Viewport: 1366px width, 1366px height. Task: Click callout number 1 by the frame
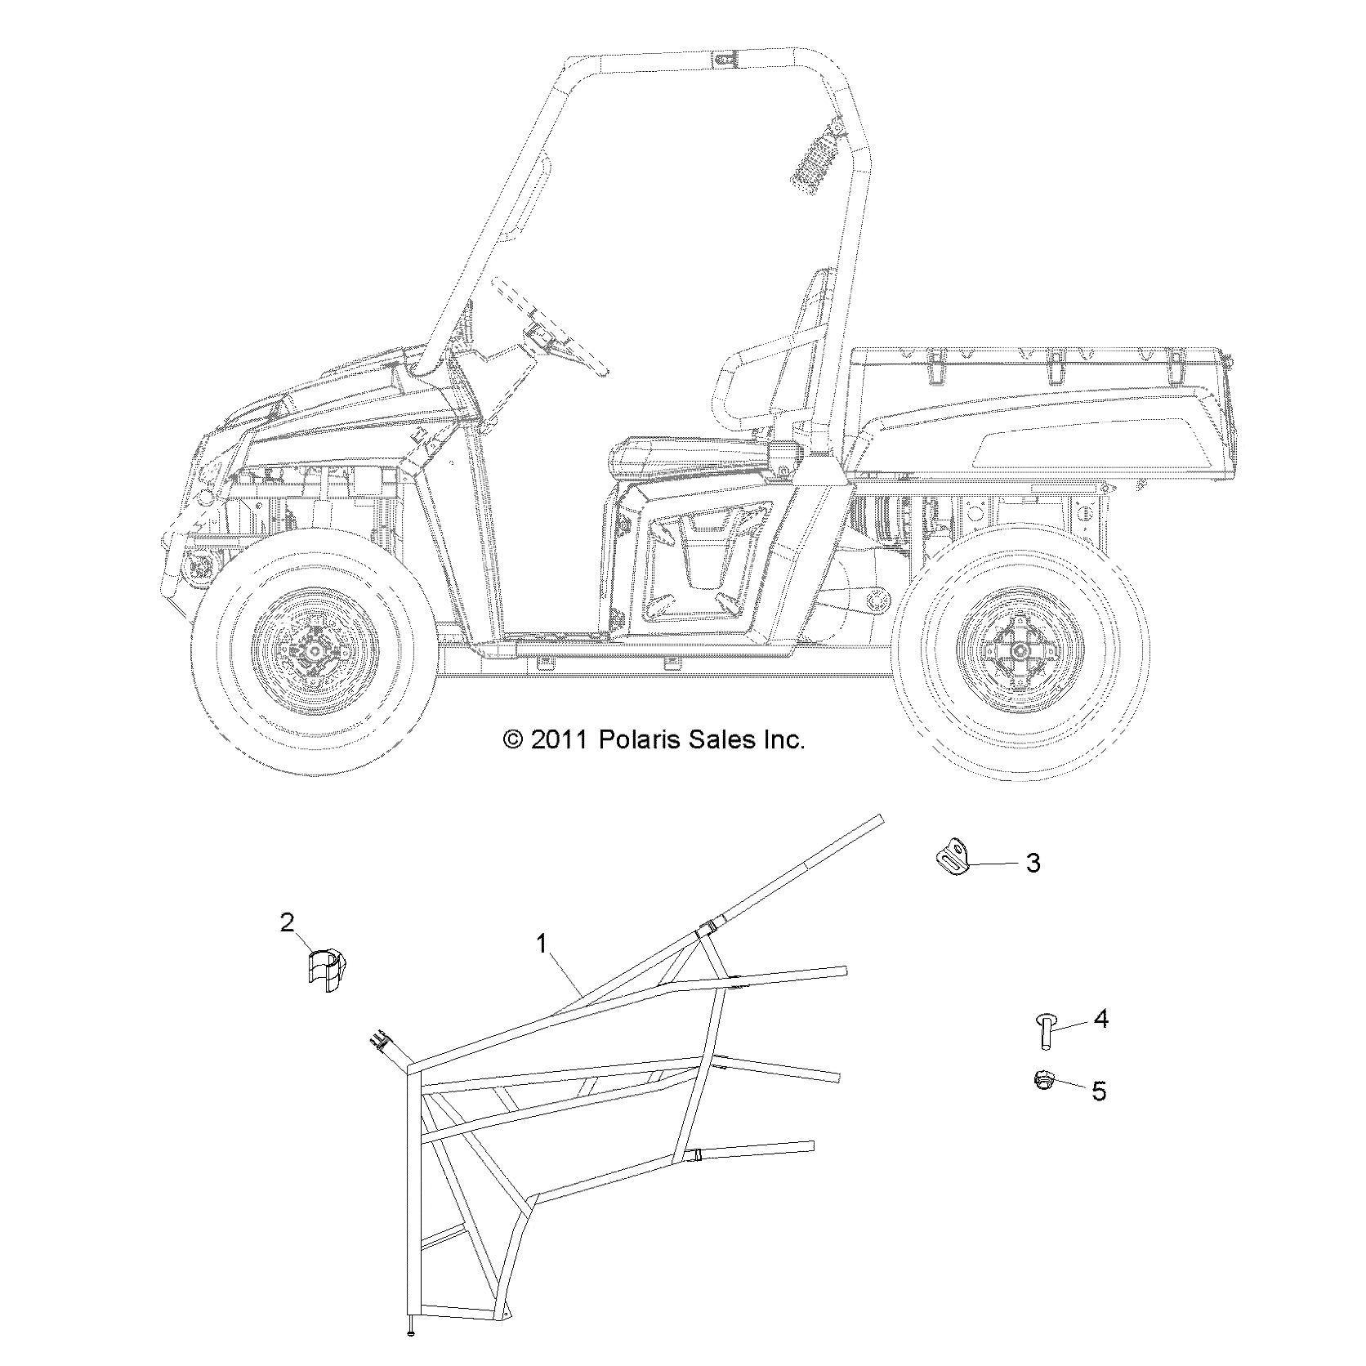click(542, 944)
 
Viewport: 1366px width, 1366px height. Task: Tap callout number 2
click(287, 922)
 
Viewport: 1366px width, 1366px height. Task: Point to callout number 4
click(1100, 1019)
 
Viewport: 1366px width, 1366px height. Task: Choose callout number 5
click(1100, 1091)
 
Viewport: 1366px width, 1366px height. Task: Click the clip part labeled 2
click(327, 970)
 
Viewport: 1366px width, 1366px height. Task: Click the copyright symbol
click(513, 741)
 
